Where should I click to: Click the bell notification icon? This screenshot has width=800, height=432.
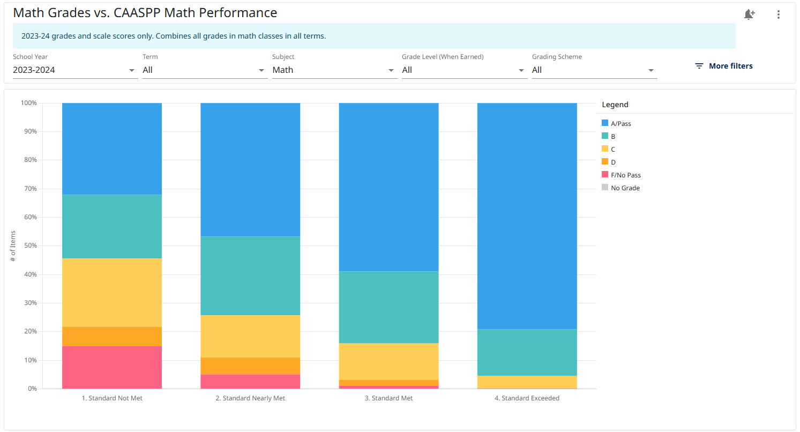749,15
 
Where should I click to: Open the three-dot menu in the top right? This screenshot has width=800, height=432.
778,15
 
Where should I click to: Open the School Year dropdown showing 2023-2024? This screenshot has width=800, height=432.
74,70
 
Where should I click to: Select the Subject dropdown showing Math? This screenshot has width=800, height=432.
334,70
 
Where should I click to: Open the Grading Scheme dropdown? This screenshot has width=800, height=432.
594,70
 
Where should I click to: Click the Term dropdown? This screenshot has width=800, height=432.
204,70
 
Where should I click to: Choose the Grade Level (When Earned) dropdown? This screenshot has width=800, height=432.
463,70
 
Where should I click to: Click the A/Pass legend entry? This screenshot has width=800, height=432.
620,124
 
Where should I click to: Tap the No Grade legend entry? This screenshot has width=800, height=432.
625,188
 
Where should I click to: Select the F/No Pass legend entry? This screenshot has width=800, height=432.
625,175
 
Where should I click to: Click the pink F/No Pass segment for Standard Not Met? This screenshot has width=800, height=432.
112,367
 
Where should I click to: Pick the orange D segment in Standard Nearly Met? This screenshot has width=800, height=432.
250,366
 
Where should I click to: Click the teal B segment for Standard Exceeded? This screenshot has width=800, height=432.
527,352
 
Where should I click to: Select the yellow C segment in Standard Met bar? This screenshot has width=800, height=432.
388,361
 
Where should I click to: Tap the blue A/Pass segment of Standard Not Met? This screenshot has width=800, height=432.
112,148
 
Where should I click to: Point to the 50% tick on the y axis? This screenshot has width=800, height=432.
29,246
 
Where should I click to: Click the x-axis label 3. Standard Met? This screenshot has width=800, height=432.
388,398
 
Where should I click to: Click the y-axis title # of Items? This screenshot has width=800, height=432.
13,245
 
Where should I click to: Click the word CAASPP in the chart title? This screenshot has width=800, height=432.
141,13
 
